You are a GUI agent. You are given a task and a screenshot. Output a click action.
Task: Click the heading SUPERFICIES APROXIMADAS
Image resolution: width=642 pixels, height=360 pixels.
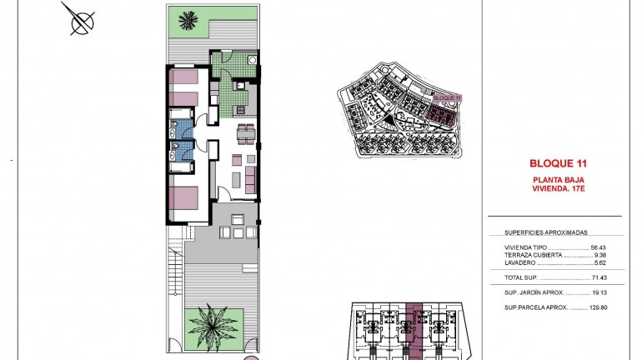point(546,233)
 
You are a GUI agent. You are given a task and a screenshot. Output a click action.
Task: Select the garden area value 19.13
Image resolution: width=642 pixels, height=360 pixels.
point(599,292)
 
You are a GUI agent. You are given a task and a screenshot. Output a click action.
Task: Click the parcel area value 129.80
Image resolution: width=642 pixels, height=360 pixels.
point(597,307)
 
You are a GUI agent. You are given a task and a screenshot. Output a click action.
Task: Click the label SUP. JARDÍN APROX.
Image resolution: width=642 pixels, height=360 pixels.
point(534,292)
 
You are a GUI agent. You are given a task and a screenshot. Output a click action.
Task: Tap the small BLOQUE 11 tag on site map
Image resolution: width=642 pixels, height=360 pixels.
point(448,97)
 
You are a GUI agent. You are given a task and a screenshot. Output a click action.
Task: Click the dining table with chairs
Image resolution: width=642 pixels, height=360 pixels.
point(244,131)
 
